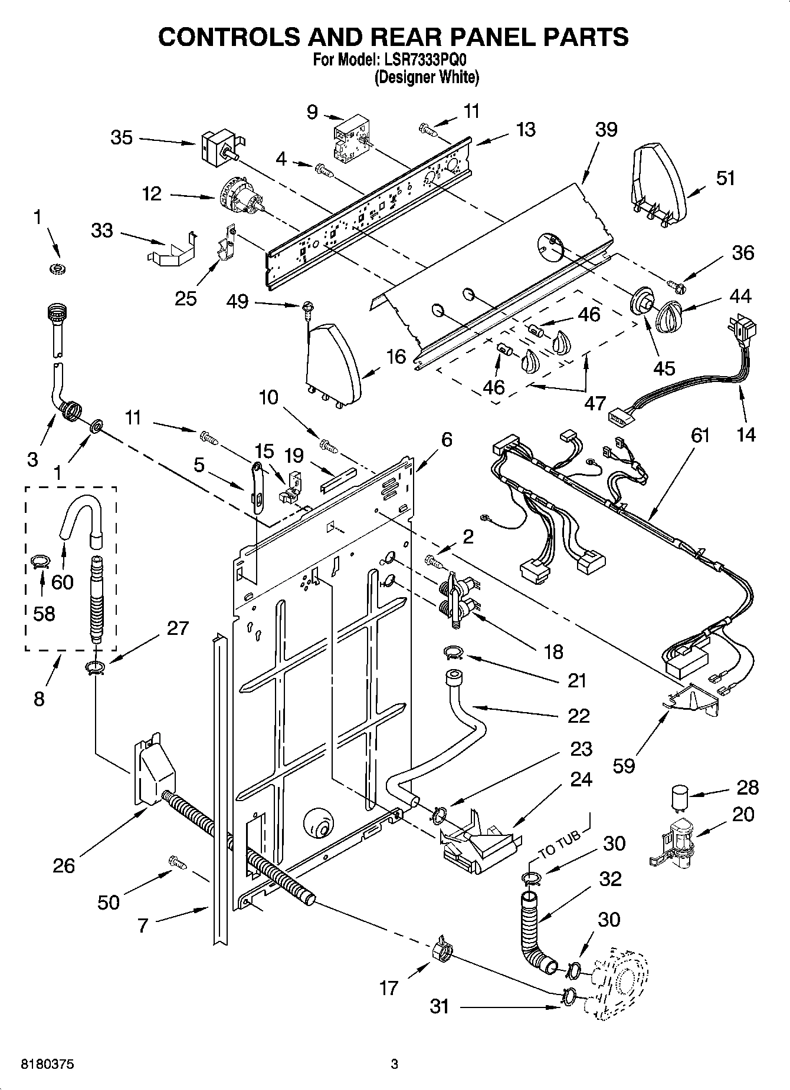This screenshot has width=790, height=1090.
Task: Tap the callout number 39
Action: point(606,130)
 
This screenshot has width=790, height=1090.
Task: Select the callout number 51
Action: point(725,179)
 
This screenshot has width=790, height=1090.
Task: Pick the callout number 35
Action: point(122,138)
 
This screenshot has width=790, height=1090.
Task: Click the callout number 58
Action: point(44,614)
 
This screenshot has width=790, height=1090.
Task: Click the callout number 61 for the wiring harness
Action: point(700,436)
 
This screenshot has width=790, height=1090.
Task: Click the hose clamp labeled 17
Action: point(442,949)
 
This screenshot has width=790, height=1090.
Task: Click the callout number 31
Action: point(440,1007)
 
